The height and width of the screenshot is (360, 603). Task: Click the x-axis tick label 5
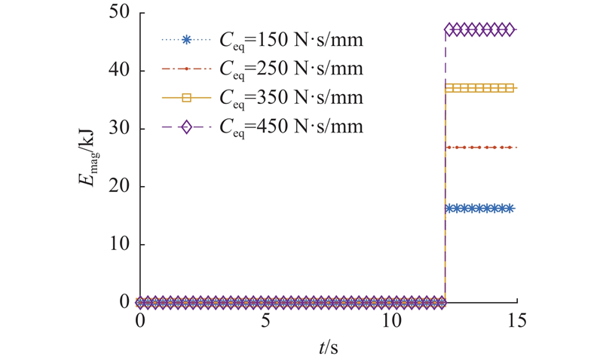(x=265, y=320)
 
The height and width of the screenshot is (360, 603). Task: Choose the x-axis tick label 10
(x=390, y=320)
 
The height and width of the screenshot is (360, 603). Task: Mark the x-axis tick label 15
(x=516, y=320)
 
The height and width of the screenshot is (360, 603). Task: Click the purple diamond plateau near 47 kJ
(x=479, y=29)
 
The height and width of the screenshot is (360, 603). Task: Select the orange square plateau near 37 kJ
(x=479, y=88)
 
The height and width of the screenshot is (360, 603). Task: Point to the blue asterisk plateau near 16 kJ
(x=479, y=209)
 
